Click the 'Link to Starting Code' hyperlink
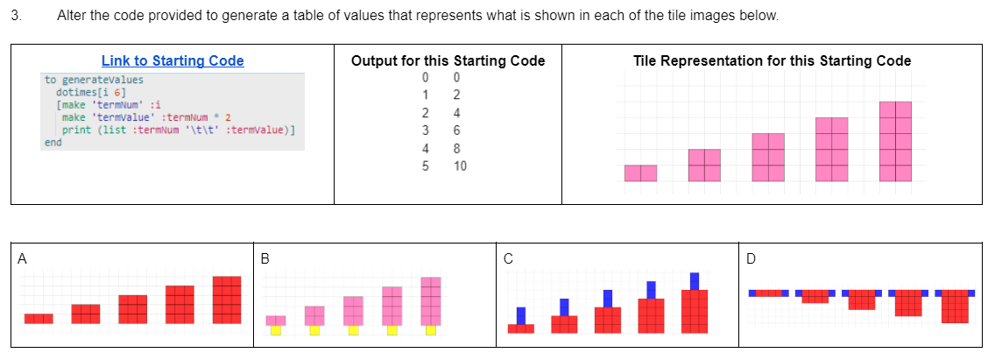173,60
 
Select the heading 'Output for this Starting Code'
448,60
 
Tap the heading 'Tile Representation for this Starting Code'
772,60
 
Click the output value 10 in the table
461,166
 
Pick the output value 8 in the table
456,148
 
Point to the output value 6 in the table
456,131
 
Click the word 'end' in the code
53,141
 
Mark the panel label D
751,258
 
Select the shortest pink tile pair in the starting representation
640,173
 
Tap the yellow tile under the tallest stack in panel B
430,330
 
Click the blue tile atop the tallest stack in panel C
695,280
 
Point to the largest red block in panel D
955,307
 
